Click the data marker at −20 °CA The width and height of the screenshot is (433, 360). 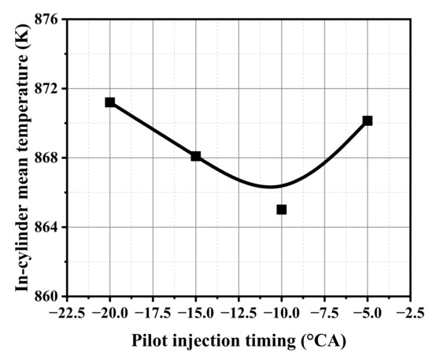click(110, 102)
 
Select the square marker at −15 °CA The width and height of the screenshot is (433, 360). click(196, 156)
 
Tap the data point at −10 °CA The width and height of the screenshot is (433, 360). click(282, 210)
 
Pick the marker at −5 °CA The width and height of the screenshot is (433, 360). click(368, 121)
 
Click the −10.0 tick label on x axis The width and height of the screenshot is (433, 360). click(280, 312)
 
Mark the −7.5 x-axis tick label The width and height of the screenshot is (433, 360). click(324, 312)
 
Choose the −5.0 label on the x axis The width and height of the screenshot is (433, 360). click(367, 312)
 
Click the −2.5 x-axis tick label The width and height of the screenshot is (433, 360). click(409, 312)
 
